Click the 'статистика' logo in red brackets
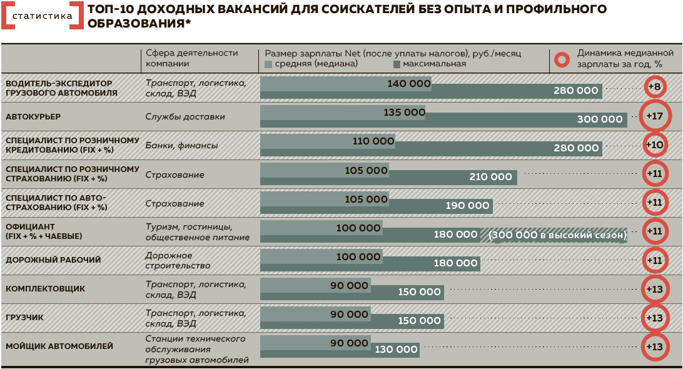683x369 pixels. tap(42, 17)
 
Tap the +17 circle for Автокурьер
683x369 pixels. tap(655, 116)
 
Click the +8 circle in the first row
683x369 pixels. tap(655, 86)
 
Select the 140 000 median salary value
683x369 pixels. tap(409, 84)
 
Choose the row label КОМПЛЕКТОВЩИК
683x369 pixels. tap(45, 289)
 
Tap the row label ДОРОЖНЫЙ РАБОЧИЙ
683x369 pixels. tap(53, 260)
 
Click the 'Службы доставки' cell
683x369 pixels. tap(185, 117)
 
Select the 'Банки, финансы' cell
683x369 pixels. tap(181, 146)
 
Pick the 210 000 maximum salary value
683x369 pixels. tap(490, 177)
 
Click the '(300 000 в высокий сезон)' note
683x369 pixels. tap(558, 235)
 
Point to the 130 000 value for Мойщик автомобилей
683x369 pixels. tap(397, 350)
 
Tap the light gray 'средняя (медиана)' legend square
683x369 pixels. tap(269, 64)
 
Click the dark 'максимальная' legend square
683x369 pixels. tap(397, 64)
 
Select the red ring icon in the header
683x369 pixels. tap(562, 59)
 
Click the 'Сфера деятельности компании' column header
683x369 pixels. tap(192, 58)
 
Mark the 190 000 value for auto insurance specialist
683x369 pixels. tap(467, 206)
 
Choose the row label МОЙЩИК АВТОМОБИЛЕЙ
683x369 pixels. tap(59, 346)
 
